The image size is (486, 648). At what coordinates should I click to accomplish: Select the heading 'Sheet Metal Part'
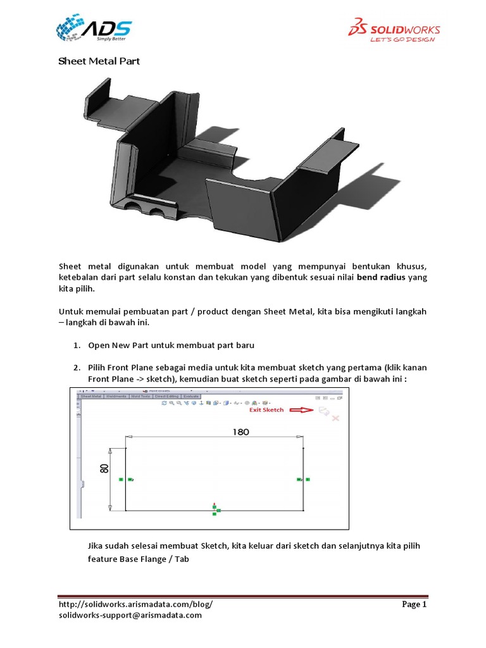coord(99,61)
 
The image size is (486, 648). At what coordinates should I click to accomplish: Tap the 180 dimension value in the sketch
coord(240,432)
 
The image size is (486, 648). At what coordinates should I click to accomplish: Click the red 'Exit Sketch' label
coord(266,409)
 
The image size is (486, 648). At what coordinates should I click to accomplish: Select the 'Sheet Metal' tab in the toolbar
coord(91,396)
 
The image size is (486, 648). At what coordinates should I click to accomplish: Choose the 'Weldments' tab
coord(116,396)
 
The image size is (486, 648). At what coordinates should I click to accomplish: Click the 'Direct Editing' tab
coord(168,396)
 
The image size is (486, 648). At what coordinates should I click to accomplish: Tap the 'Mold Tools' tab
coord(140,396)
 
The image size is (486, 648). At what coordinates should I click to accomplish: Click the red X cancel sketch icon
coord(336,418)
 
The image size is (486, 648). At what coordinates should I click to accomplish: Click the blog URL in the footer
coord(135,604)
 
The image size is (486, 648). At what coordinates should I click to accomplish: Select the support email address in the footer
coord(130,615)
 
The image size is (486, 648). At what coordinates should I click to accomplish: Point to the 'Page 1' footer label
coord(414,604)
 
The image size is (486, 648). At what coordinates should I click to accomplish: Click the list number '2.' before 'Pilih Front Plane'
coord(76,368)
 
